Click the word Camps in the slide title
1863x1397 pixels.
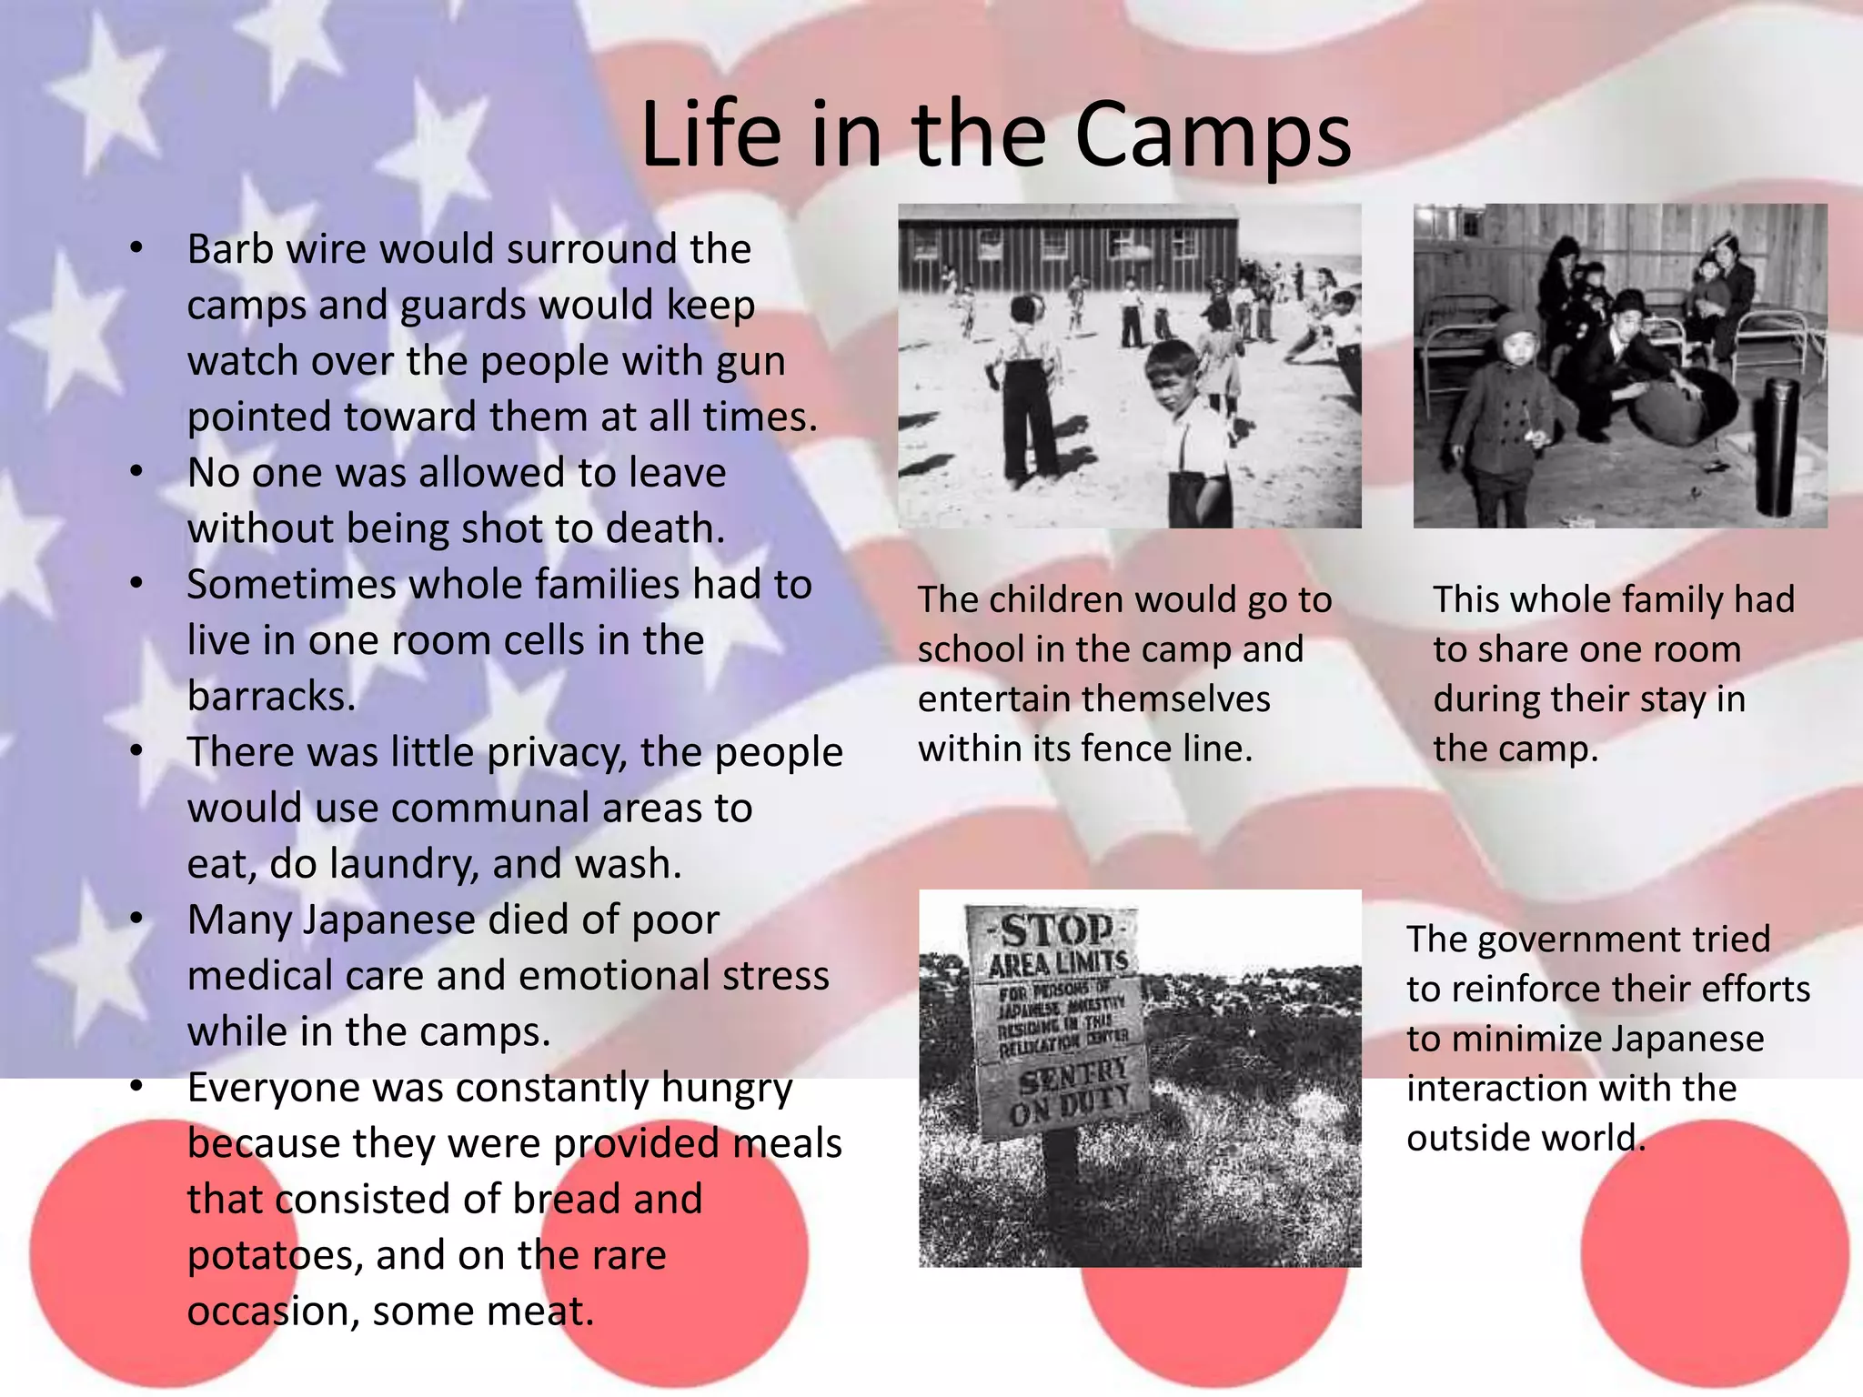tap(1213, 136)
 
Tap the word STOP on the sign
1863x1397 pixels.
tap(1056, 930)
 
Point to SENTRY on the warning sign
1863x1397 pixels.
tap(1073, 1079)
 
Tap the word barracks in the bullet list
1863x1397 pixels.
tap(271, 697)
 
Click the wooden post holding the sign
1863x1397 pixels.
tap(1060, 1182)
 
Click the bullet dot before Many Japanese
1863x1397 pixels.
tap(136, 920)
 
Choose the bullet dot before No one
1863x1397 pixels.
tap(136, 472)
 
